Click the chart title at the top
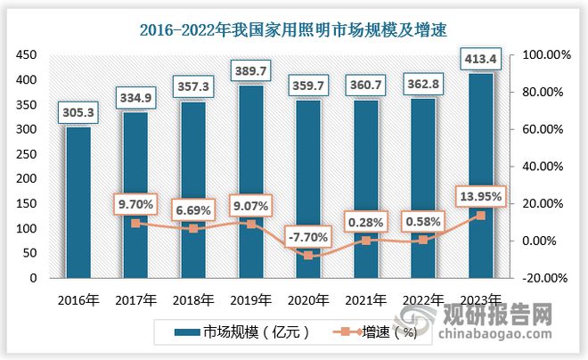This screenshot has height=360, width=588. click(294, 30)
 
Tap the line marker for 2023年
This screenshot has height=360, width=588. click(480, 216)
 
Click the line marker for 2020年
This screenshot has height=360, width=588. click(307, 256)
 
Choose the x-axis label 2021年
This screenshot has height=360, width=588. click(364, 299)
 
